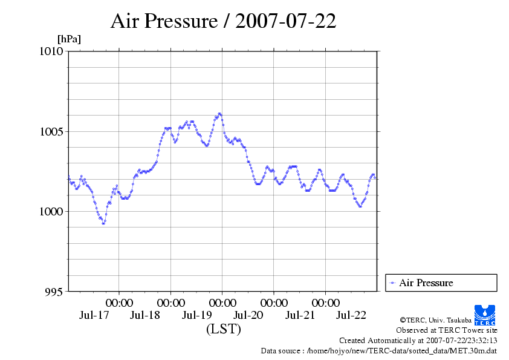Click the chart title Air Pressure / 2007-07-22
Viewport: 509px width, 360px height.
click(x=223, y=21)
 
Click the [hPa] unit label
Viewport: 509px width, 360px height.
click(x=69, y=39)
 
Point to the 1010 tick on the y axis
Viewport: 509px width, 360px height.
click(x=51, y=51)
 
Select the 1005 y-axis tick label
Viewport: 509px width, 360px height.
click(x=51, y=131)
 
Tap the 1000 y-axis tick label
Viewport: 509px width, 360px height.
click(x=51, y=211)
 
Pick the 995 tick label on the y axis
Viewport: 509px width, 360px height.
click(x=54, y=292)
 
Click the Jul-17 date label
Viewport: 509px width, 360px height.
click(x=94, y=315)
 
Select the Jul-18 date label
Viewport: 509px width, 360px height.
click(x=145, y=315)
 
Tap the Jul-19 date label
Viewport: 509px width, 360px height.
click(x=196, y=315)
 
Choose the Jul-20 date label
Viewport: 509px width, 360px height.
click(x=248, y=315)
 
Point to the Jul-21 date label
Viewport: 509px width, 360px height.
click(x=300, y=315)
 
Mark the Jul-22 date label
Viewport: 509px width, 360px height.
click(x=351, y=315)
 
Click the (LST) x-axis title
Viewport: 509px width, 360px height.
click(x=223, y=330)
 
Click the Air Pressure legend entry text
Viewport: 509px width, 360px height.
click(x=426, y=283)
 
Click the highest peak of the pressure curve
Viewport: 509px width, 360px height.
click(x=219, y=113)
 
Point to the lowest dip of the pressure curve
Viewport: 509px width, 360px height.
click(x=103, y=223)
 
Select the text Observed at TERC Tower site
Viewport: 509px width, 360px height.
click(x=447, y=330)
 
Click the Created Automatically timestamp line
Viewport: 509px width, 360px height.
click(x=418, y=340)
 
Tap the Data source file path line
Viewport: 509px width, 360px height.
click(x=379, y=350)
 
